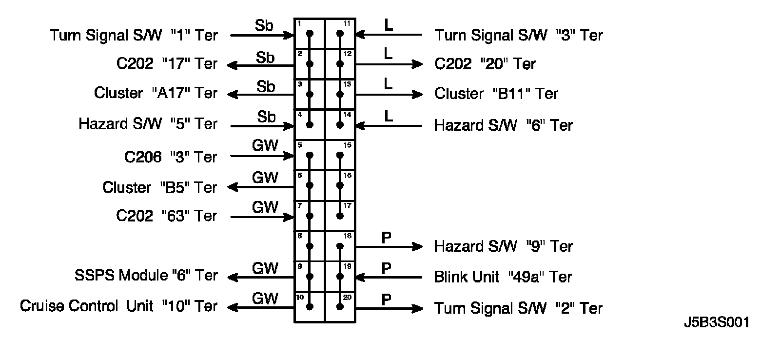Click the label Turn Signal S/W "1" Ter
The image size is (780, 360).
point(133,35)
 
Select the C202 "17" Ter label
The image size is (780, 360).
point(167,64)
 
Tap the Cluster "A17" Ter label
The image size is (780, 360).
point(156,93)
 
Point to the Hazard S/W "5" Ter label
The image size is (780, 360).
point(148,124)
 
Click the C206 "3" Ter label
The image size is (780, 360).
point(171,157)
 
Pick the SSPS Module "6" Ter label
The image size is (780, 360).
point(146,276)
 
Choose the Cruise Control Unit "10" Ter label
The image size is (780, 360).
point(118,306)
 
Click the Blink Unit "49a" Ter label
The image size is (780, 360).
point(503,277)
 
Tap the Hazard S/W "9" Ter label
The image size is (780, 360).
point(503,246)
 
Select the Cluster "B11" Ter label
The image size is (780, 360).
point(496,94)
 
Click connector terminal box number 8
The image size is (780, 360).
point(310,246)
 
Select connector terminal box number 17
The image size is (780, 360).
point(340,216)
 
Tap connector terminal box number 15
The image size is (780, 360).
point(340,155)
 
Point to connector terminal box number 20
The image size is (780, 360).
point(340,307)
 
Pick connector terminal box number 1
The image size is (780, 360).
point(310,34)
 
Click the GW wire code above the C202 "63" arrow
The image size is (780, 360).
point(265,207)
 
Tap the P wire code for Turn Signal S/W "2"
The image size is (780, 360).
point(386,299)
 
